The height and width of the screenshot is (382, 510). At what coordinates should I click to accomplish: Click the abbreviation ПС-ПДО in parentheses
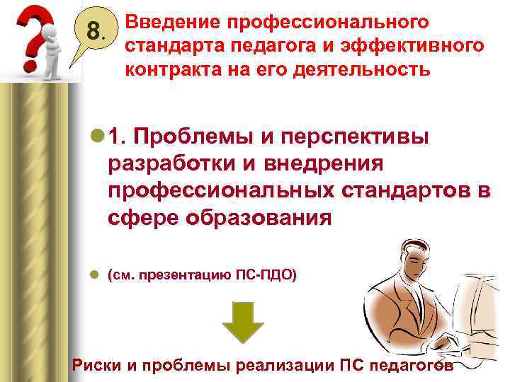[272, 277]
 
